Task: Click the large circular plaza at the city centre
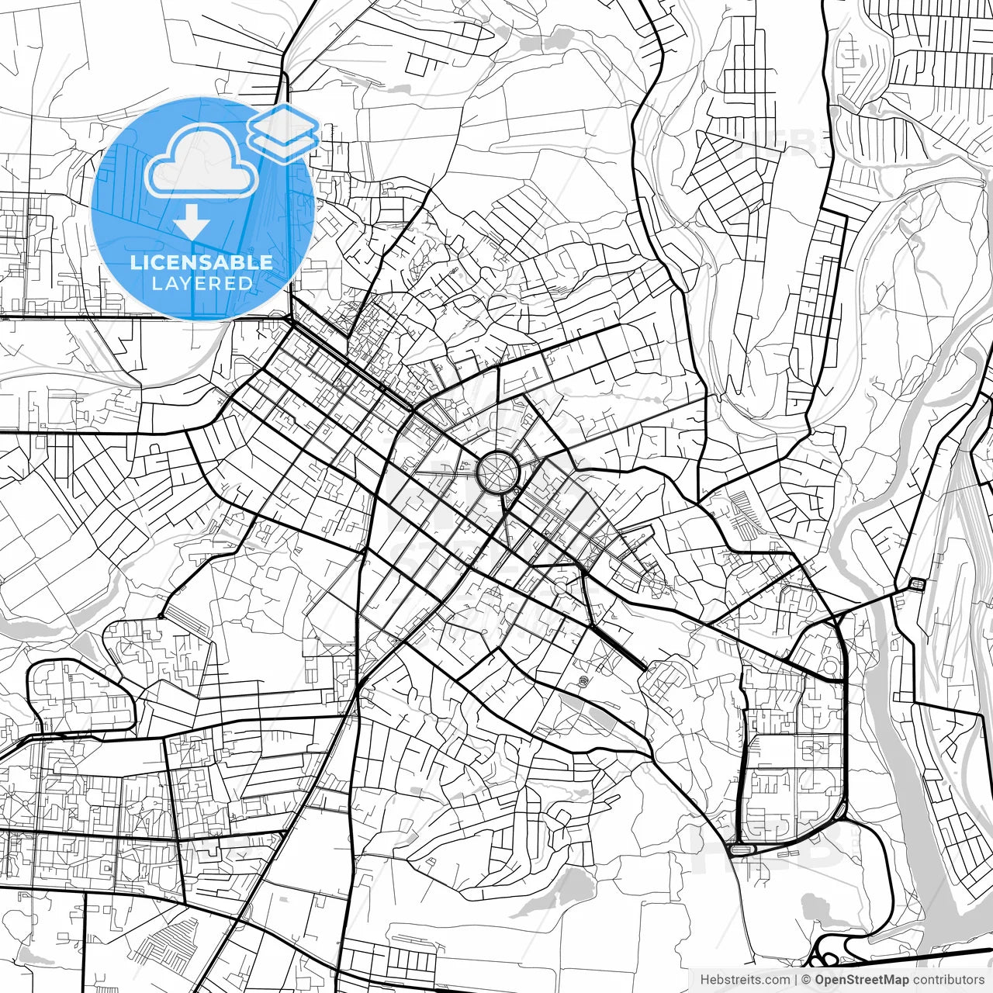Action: [496, 471]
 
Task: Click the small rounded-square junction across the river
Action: [917, 583]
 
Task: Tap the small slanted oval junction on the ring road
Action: [841, 811]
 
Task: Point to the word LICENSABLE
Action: [202, 262]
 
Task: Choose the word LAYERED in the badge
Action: [202, 283]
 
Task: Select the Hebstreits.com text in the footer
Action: [745, 980]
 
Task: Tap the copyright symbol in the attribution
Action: [806, 980]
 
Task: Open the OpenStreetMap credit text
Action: [861, 980]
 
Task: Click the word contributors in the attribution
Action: [948, 980]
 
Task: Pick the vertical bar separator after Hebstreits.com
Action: [797, 980]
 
